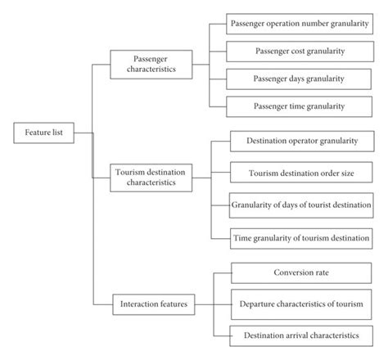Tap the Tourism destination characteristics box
pyautogui.click(x=151, y=178)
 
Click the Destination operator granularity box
pyautogui.click(x=301, y=141)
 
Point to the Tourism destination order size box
pyautogui.click(x=301, y=173)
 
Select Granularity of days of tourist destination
pyautogui.click(x=301, y=204)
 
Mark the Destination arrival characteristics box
pyautogui.click(x=301, y=335)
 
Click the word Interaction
pyautogui.click(x=137, y=304)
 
